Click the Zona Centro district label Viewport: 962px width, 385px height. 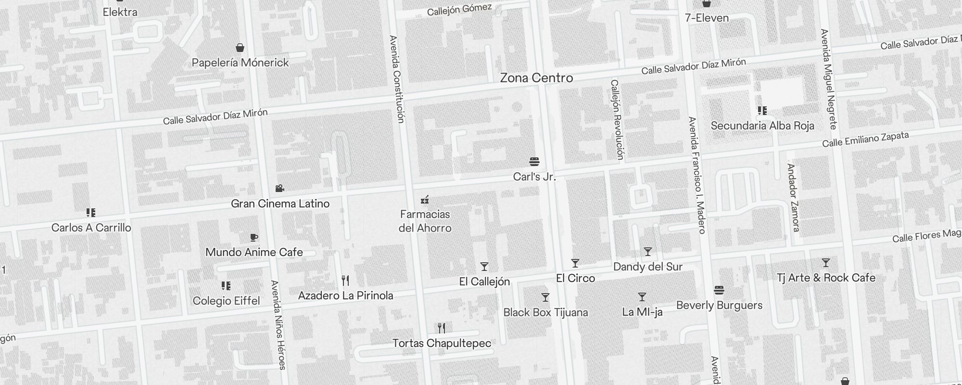(x=536, y=78)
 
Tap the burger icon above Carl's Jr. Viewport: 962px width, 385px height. (x=534, y=161)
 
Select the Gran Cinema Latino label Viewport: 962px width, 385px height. (x=280, y=204)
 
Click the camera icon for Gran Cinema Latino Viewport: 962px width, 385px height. (x=279, y=188)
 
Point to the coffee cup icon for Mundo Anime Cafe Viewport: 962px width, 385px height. (x=254, y=237)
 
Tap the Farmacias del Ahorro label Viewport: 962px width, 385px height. (x=425, y=221)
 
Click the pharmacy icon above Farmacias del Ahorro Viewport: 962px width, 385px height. (x=425, y=199)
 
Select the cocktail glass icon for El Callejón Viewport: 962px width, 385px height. (x=484, y=267)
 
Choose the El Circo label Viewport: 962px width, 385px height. (x=575, y=278)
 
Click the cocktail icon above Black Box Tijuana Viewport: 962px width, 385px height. (x=545, y=297)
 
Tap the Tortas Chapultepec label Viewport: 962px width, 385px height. (x=442, y=343)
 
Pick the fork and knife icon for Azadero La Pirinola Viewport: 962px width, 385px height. (x=345, y=280)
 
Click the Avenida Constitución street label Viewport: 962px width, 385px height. (x=397, y=79)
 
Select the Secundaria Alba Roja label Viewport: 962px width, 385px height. (x=762, y=126)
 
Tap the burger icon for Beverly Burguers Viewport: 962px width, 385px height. (x=719, y=290)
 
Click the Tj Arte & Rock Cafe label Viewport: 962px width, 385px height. (x=826, y=278)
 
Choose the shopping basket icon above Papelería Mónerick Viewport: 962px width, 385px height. (x=240, y=47)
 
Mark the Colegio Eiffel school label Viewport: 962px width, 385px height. (x=226, y=301)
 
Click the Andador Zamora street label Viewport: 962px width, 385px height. (x=793, y=197)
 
